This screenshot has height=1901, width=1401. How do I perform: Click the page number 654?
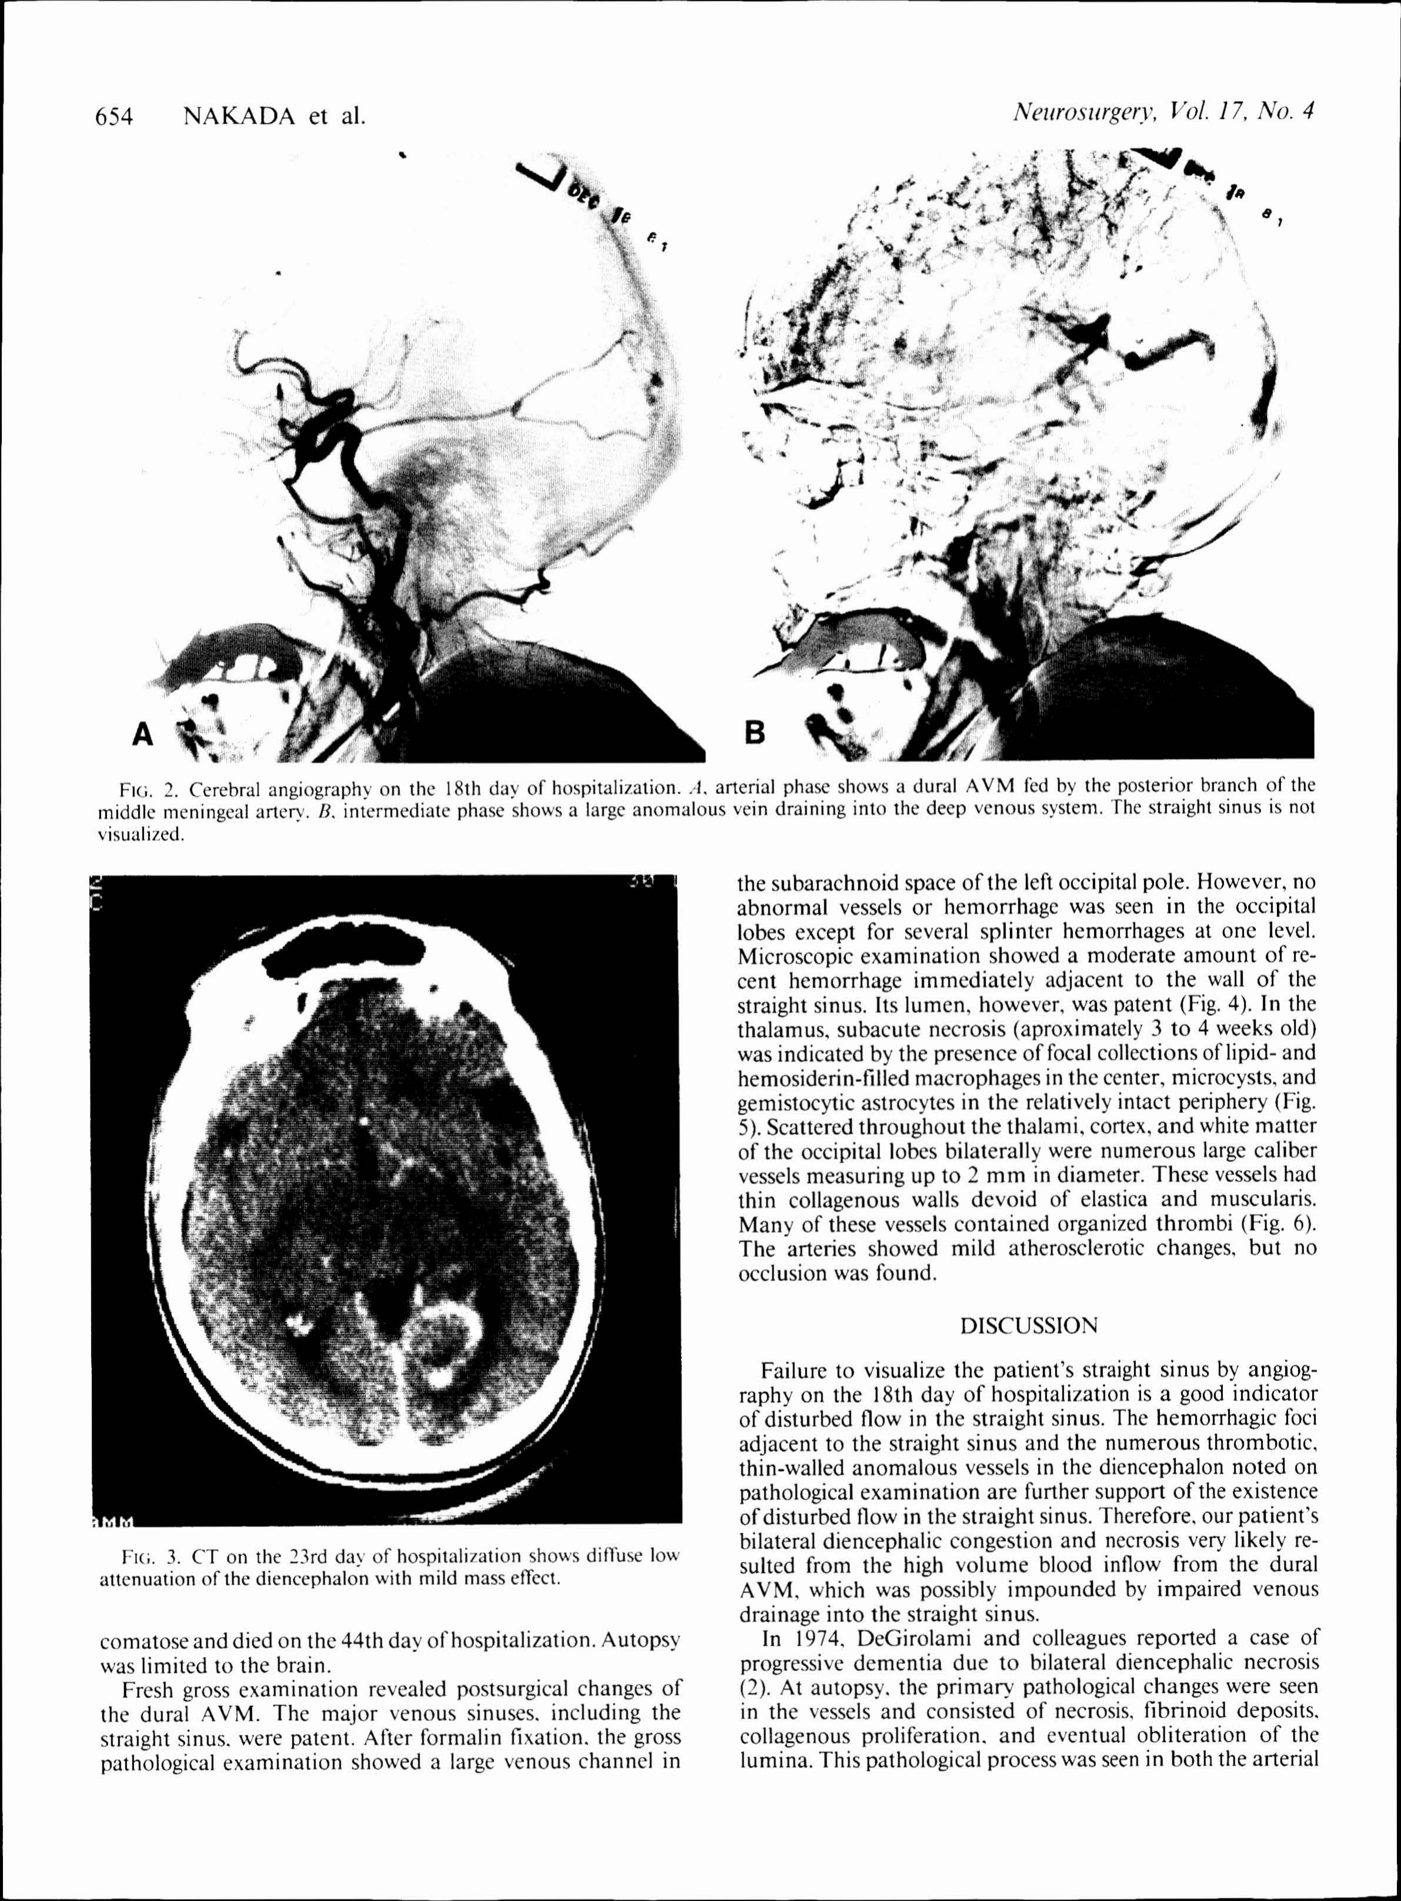[115, 116]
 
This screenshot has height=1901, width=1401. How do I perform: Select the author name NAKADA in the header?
[239, 116]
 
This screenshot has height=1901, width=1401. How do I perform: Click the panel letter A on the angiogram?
[144, 732]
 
